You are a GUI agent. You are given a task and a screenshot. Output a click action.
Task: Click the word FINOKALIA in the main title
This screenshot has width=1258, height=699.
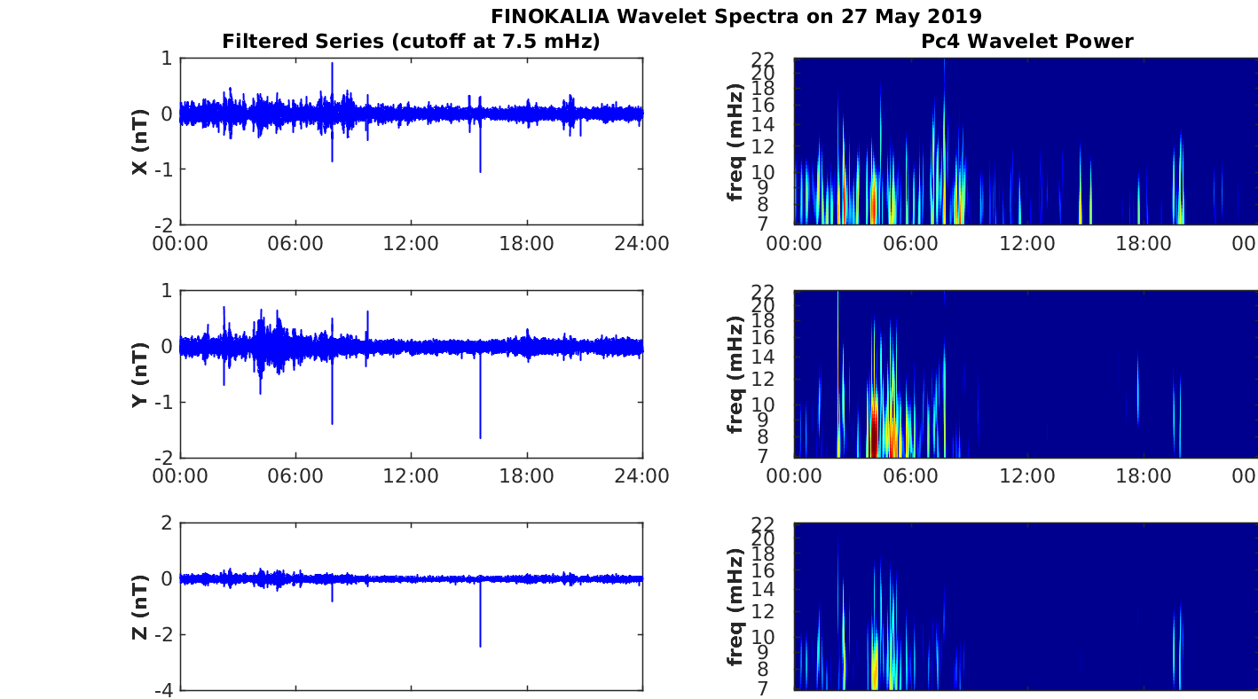coord(550,16)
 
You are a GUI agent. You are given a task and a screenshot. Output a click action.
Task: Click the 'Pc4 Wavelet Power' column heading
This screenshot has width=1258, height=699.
coord(1027,41)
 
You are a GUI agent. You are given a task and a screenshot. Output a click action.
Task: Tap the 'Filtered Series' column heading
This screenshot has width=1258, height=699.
coord(303,41)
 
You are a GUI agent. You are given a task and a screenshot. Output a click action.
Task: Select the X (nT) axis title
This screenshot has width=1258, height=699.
coord(140,141)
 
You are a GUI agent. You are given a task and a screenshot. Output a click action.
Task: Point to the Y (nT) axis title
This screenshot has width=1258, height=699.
coord(140,374)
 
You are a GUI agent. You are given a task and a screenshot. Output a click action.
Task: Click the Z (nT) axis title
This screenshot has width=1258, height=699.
coord(140,607)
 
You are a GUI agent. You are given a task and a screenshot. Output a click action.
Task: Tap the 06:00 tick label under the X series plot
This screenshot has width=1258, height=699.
coord(295,244)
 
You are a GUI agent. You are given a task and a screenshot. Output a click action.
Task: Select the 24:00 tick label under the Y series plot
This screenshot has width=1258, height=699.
coord(642,476)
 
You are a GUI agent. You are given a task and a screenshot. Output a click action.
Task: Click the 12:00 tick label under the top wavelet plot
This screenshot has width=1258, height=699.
coord(1027,244)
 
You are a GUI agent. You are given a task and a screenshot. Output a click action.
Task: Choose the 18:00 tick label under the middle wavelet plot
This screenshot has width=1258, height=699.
coord(1144,476)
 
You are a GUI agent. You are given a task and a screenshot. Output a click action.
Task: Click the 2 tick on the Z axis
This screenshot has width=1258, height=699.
coord(167,523)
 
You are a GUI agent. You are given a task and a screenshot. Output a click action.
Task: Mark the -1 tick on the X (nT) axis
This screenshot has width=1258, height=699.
coord(164,169)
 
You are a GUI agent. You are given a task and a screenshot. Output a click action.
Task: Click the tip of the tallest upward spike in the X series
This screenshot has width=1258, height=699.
coord(332,63)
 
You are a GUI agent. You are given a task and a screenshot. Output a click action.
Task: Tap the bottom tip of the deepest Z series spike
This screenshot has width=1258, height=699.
coord(480,647)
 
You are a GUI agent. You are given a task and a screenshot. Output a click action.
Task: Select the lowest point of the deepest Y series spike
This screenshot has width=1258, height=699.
coord(480,438)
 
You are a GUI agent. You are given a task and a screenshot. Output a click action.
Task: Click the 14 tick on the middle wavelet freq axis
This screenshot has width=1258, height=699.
coord(765,357)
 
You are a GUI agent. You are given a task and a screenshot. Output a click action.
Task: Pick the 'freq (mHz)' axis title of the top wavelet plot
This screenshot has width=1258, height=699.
coord(735,142)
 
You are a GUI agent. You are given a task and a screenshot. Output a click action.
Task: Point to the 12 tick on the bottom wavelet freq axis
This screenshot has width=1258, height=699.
coord(765,611)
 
